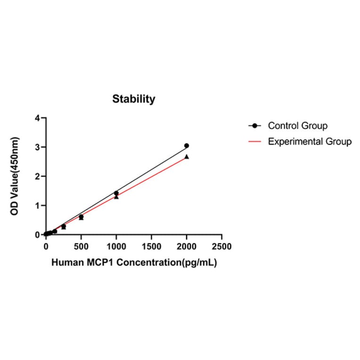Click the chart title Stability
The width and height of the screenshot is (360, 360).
(133, 99)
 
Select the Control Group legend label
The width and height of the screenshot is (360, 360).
(297, 126)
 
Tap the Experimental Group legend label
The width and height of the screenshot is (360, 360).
(310, 141)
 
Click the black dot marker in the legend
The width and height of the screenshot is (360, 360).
(255, 126)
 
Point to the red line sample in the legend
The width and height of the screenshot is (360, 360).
(255, 141)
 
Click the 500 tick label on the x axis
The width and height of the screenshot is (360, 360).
(81, 246)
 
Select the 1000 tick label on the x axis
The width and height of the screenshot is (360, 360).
(116, 246)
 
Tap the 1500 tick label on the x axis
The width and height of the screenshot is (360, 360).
(151, 246)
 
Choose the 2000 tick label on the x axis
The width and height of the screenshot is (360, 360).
(187, 246)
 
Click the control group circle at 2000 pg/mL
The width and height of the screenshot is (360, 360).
(187, 146)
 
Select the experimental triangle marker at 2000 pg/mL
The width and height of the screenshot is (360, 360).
(187, 156)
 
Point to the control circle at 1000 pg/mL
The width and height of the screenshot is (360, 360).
(116, 193)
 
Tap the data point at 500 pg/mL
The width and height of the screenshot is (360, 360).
(81, 217)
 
